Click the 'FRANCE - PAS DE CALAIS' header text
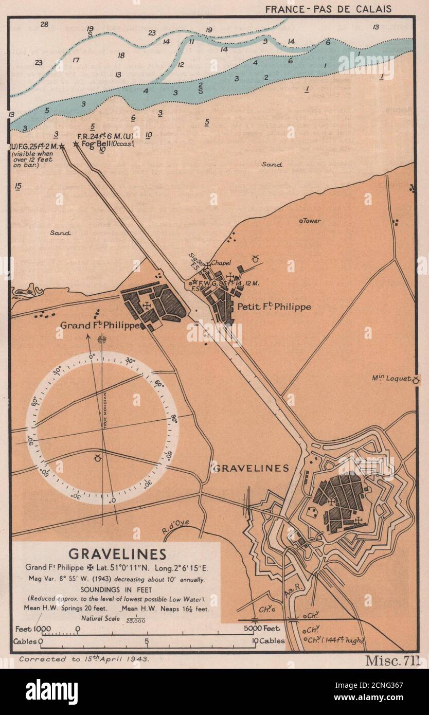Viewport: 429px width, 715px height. coord(328,9)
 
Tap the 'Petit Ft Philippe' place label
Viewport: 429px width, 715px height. coord(274,307)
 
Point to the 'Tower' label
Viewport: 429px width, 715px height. coord(311,221)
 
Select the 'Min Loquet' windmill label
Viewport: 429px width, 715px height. coord(391,379)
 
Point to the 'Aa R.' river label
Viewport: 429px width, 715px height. coord(305,596)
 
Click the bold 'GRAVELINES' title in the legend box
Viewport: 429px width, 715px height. coord(117,554)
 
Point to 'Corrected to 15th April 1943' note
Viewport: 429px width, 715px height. coord(84,659)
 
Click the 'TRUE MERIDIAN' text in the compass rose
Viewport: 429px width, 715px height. coord(104,409)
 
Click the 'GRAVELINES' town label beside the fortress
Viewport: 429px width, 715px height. coord(251,468)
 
